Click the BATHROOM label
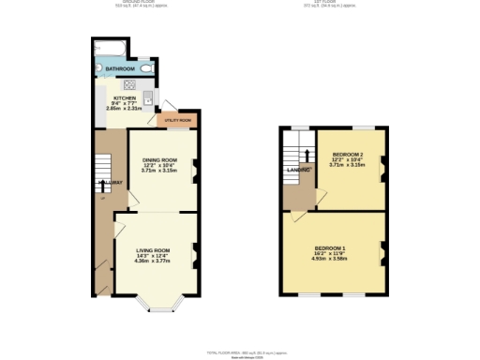point(120,69)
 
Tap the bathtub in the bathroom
point(112,48)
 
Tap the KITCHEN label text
point(125,97)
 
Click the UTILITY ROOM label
point(179,121)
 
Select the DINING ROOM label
point(159,161)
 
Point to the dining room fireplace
point(195,170)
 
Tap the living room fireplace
point(195,253)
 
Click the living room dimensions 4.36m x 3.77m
point(154,262)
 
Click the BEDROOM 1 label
point(330,248)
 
